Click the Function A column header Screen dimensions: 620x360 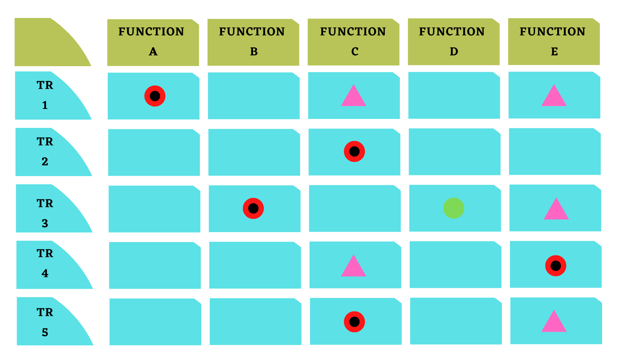153,42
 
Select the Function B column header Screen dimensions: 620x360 253,42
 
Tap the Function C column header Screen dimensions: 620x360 353,42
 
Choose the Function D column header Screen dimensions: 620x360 454,42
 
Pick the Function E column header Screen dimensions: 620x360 554,41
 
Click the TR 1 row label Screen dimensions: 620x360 45,95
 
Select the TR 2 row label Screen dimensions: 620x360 45,152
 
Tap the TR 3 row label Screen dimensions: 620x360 45,213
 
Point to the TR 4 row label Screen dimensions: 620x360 45,264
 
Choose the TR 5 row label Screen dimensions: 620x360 45,322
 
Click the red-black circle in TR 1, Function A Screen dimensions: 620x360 155,96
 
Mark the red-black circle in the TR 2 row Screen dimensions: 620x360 354,151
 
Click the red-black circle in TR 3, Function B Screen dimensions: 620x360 253,208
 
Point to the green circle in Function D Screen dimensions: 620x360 454,208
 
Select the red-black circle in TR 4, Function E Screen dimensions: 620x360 556,266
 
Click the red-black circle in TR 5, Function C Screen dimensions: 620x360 354,322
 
